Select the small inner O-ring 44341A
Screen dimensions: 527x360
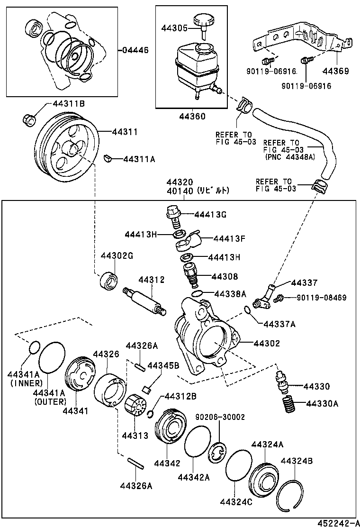coord(33,348)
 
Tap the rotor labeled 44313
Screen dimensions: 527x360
coord(134,407)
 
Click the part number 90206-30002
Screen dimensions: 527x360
coord(220,417)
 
